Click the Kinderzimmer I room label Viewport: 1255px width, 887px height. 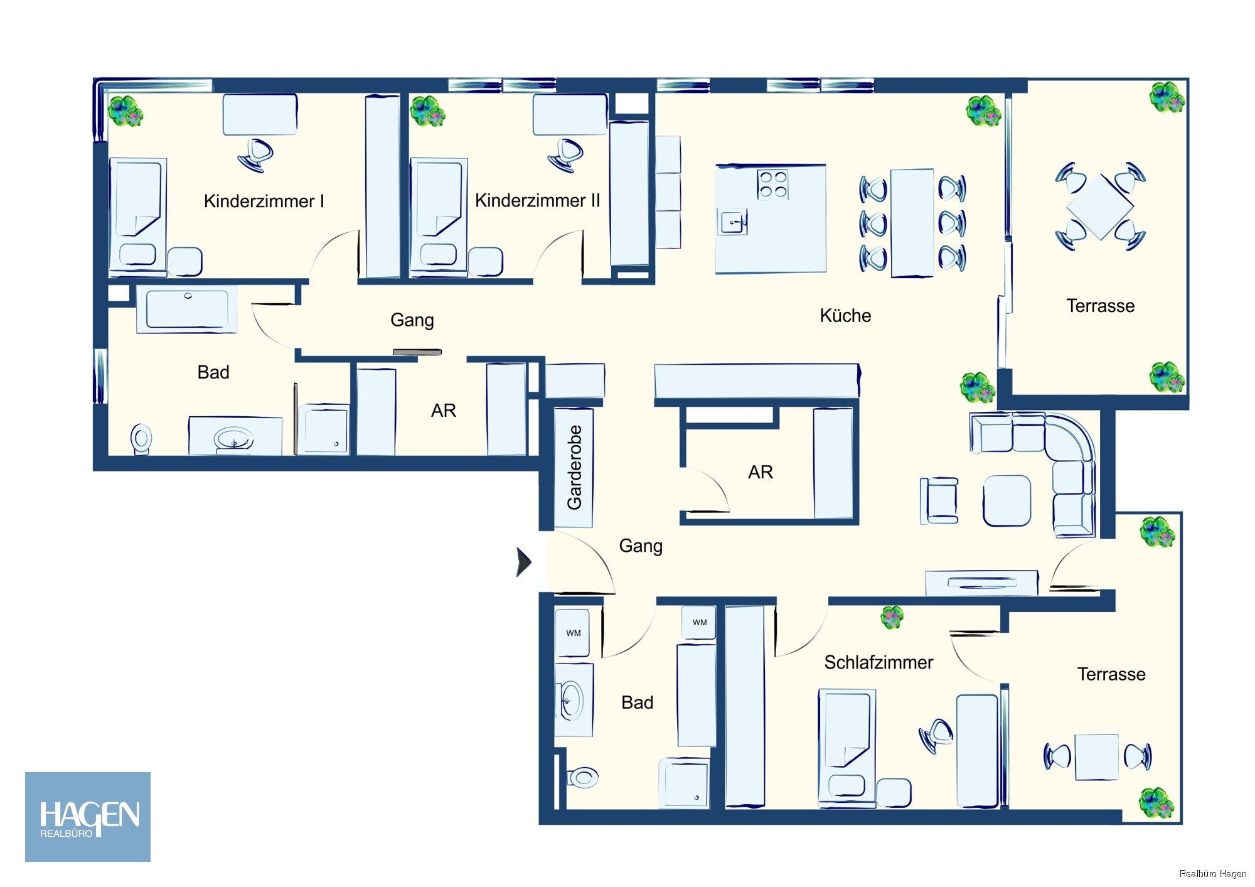[x=264, y=201]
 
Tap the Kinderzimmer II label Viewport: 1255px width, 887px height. [x=537, y=200]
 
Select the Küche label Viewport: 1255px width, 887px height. [x=845, y=315]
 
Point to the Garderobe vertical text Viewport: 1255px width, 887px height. [x=574, y=468]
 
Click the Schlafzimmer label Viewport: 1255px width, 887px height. [x=878, y=662]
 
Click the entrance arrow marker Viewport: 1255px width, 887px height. [x=523, y=562]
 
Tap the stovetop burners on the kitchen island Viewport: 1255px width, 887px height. [x=772, y=185]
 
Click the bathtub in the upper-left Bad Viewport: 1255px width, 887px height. [x=187, y=309]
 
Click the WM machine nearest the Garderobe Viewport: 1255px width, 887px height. [x=572, y=633]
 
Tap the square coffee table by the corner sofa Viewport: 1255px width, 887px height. [x=1007, y=500]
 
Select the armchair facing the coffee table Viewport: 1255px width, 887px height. [x=939, y=500]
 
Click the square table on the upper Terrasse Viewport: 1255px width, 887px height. [x=1100, y=207]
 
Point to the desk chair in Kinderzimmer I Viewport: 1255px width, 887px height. [x=255, y=155]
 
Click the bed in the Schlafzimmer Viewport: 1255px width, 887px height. [x=847, y=747]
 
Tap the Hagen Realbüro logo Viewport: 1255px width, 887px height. [x=88, y=817]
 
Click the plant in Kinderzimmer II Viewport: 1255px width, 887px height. [x=427, y=111]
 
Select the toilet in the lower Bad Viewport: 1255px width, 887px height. [x=583, y=778]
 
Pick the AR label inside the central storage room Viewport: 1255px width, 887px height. [x=761, y=472]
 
